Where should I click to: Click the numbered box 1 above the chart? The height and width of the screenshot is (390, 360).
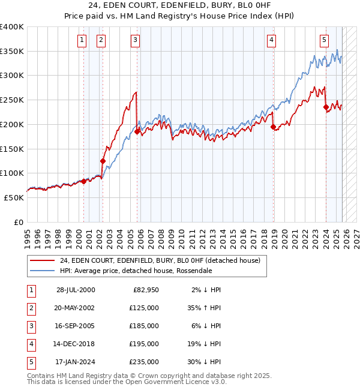pyautogui.click(x=81, y=40)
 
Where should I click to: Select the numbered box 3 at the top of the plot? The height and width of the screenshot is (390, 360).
pyautogui.click(x=135, y=40)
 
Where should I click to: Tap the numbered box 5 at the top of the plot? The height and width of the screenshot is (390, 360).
pyautogui.click(x=324, y=40)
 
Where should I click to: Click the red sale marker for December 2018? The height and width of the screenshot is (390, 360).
pyautogui.click(x=273, y=127)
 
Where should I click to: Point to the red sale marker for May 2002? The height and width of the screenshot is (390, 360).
pyautogui.click(x=103, y=161)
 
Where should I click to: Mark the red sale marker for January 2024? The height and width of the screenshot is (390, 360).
pyautogui.click(x=326, y=107)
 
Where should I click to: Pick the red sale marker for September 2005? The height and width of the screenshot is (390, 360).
pyautogui.click(x=137, y=131)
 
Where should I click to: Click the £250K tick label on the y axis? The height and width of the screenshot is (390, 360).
pyautogui.click(x=12, y=100)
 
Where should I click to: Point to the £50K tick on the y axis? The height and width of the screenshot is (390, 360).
pyautogui.click(x=14, y=197)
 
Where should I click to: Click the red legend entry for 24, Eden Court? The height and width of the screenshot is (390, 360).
pyautogui.click(x=160, y=260)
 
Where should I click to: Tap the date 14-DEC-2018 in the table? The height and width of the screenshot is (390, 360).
pyautogui.click(x=75, y=344)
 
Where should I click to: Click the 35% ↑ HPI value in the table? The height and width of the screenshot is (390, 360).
pyautogui.click(x=203, y=308)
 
